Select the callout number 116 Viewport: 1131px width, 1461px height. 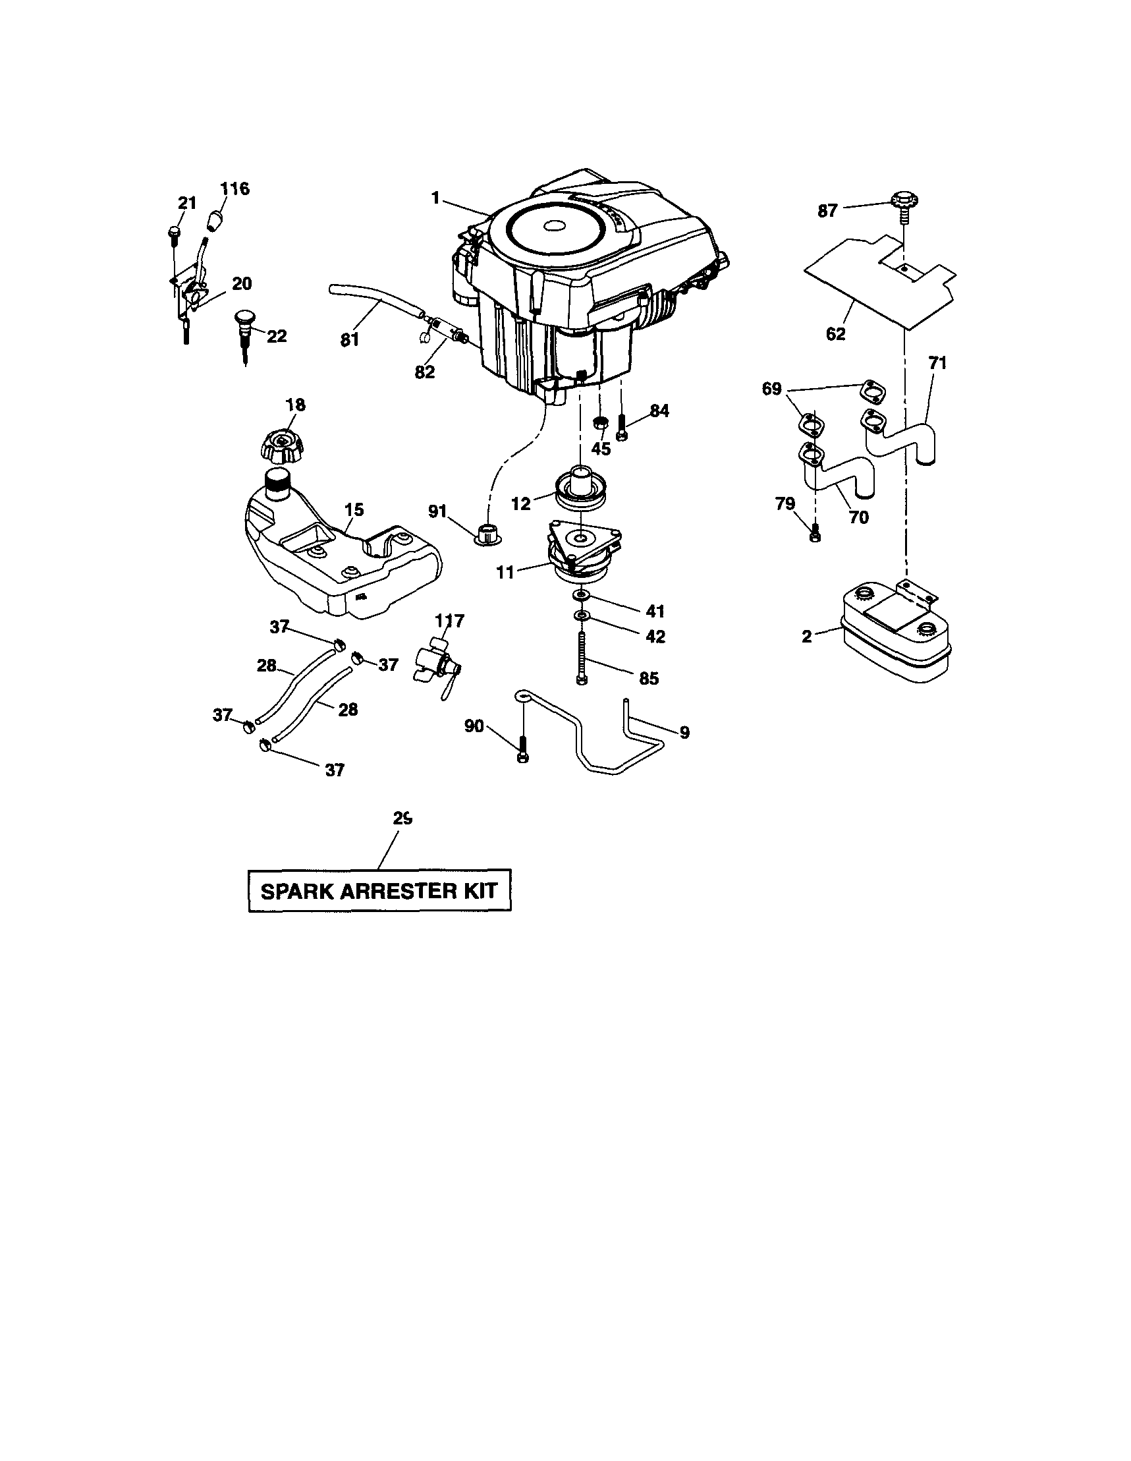pyautogui.click(x=234, y=188)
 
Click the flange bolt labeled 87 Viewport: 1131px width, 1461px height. pyautogui.click(x=903, y=202)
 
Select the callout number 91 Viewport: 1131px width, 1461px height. pyautogui.click(x=437, y=512)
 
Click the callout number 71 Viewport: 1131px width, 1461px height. pyautogui.click(x=937, y=363)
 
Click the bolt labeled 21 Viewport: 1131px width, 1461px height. pyautogui.click(x=174, y=233)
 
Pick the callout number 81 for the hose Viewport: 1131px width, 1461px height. pyautogui.click(x=349, y=340)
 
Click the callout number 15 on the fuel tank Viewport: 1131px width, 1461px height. pyautogui.click(x=354, y=510)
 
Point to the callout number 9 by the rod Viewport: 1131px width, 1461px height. pyautogui.click(x=684, y=733)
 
